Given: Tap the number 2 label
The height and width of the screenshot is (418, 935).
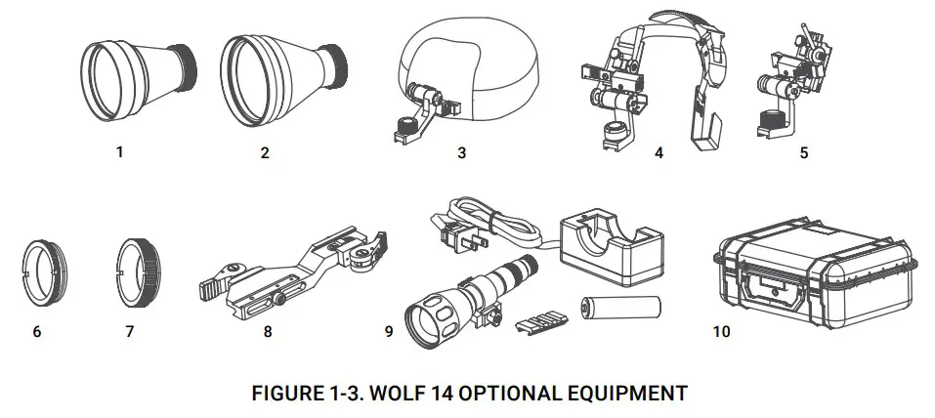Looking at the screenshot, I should [x=265, y=152].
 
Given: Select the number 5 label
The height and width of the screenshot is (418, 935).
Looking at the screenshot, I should [x=803, y=152].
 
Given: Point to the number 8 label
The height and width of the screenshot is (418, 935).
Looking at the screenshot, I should [x=268, y=331].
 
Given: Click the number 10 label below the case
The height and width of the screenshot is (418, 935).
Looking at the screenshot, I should [x=721, y=331].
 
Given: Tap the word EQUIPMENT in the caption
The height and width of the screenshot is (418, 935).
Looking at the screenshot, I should [x=631, y=394].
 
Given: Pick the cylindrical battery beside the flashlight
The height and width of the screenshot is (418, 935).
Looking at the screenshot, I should [x=621, y=307].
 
